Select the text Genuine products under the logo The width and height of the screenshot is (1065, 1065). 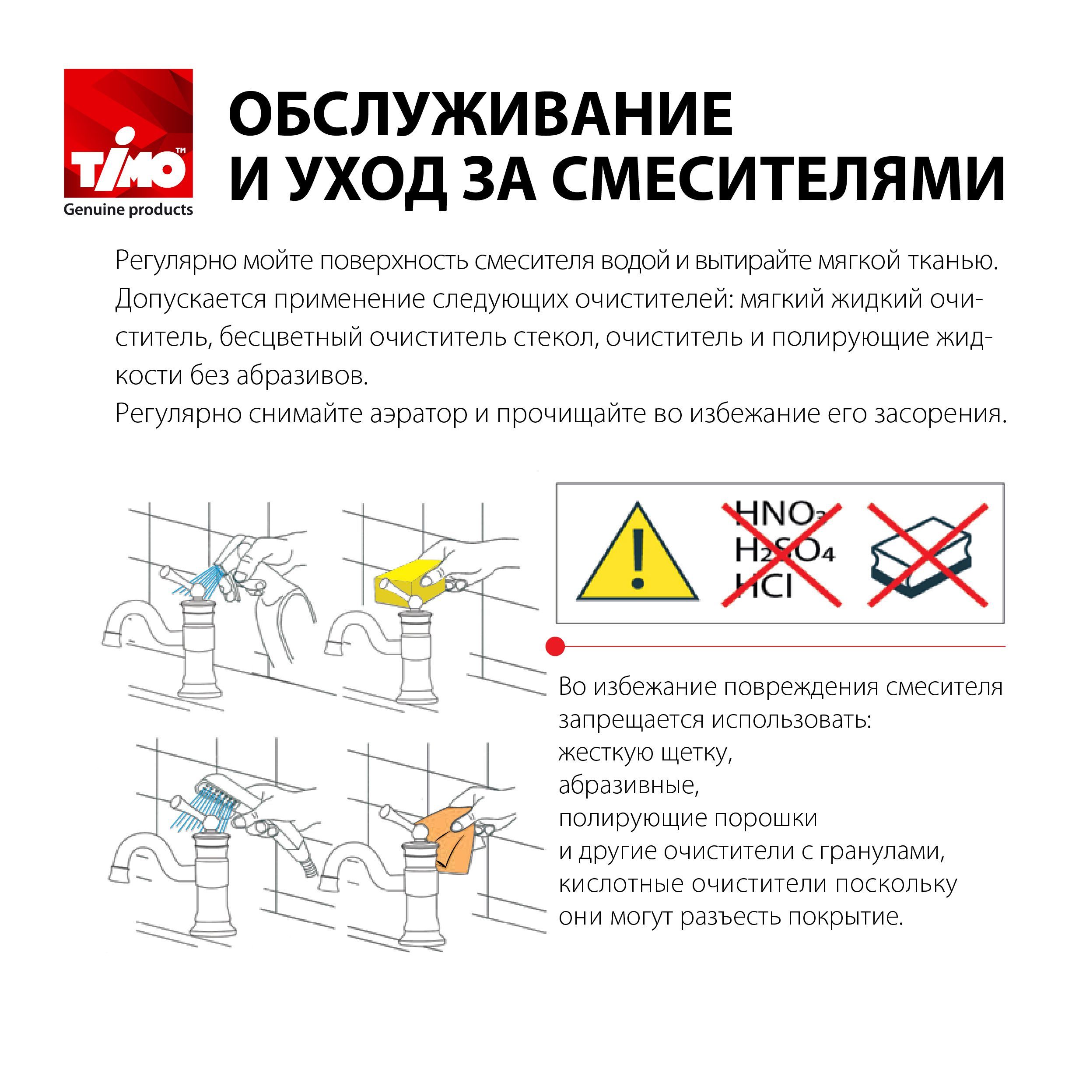pyautogui.click(x=129, y=210)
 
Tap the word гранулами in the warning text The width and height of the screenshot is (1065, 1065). pyautogui.click(x=882, y=851)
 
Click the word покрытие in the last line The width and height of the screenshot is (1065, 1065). pyautogui.click(x=847, y=917)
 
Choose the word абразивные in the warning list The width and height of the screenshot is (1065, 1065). pyautogui.click(x=628, y=785)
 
